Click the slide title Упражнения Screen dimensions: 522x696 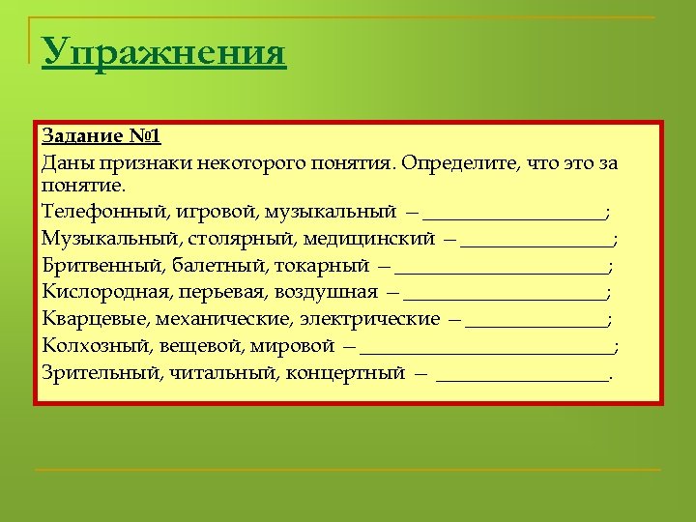(x=164, y=52)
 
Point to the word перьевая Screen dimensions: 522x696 (x=225, y=291)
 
